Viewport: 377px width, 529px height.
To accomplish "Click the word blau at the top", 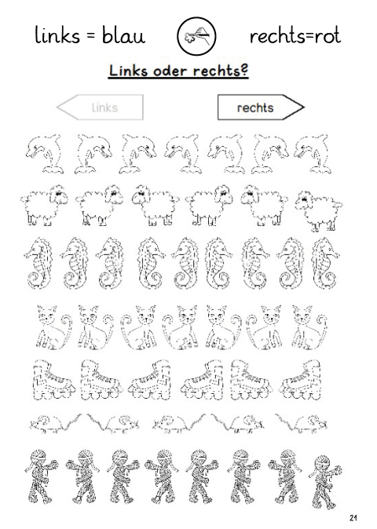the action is (123, 35).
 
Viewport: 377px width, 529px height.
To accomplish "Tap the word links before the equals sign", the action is (57, 35).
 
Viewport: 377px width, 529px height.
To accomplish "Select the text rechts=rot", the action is (295, 36).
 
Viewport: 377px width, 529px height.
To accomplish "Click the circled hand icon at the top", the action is (196, 36).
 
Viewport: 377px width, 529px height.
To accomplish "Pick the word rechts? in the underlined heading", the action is (221, 71).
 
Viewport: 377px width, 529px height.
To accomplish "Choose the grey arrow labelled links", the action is (101, 108).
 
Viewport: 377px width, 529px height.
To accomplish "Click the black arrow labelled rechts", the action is (261, 108).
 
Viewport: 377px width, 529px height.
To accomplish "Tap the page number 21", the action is (353, 517).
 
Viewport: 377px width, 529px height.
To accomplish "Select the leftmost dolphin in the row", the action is (45, 154).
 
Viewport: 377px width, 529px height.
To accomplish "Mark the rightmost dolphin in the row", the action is (313, 154).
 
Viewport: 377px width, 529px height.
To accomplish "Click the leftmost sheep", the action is (44, 205).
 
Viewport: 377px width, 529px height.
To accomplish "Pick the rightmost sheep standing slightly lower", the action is (319, 211).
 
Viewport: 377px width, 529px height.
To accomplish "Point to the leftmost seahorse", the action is (38, 263).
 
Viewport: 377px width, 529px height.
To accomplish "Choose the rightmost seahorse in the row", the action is (325, 263).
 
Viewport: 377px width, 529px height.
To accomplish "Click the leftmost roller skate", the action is (54, 380).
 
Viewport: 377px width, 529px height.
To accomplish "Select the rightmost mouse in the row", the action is (302, 422).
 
